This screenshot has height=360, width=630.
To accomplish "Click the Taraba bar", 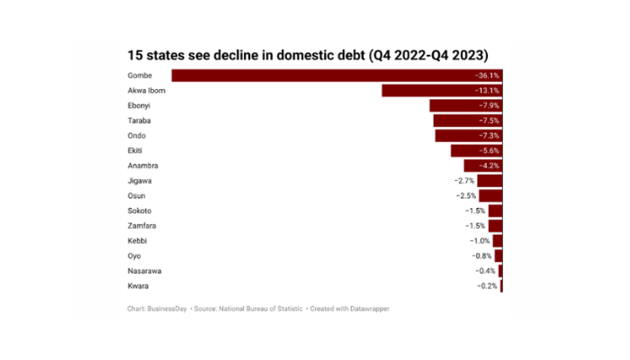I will pos(467,121).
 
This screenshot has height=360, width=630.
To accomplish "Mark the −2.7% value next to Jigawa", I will pos(464,181).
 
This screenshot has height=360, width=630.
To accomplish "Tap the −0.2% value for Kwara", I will pos(487,286).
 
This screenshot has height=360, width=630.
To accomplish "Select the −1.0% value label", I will pos(480,241).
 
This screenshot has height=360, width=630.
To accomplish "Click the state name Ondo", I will pos(138,136).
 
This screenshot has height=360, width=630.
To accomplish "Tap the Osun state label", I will pos(137,195).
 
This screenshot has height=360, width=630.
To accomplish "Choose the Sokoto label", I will pos(140,211).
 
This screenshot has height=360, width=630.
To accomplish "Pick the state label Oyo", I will pos(135,256).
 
